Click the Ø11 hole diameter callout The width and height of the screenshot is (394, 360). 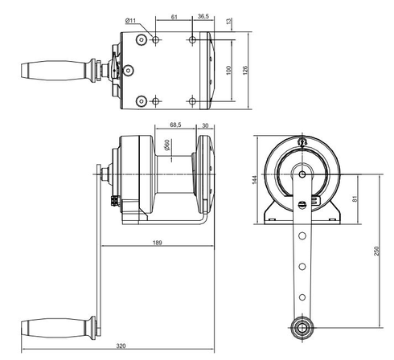(130, 20)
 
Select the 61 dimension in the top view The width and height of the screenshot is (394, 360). (174, 17)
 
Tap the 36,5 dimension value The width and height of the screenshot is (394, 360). (203, 16)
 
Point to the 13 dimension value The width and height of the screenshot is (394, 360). (228, 21)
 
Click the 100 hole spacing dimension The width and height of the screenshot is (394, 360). (228, 70)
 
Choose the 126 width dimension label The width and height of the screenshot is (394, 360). (245, 70)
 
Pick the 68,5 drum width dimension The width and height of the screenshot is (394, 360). (175, 125)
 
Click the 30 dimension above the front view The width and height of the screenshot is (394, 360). (205, 125)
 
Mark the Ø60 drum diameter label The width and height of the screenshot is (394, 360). (166, 145)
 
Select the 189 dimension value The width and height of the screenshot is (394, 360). (158, 243)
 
